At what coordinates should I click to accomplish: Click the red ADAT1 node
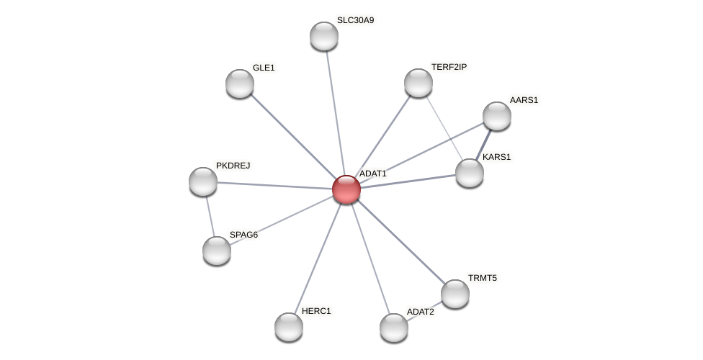tap(346, 189)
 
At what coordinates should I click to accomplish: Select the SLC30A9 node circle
tap(324, 36)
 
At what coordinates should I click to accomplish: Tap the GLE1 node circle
tap(240, 84)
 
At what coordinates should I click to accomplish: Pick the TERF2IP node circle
tap(418, 83)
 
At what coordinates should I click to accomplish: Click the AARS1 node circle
tap(497, 116)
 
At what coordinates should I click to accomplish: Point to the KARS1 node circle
tap(470, 173)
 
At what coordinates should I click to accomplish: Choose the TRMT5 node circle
tap(455, 294)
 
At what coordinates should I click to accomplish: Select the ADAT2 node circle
tap(394, 328)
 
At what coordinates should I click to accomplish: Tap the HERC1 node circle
tap(289, 327)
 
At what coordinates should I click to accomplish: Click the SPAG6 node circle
tap(217, 251)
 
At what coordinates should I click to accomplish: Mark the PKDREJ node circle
tap(203, 181)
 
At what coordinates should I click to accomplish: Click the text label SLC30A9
tap(355, 20)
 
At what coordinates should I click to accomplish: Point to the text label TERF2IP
tap(449, 67)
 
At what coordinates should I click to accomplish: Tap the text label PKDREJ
tap(233, 166)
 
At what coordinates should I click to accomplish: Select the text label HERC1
tap(316, 311)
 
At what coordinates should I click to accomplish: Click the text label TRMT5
tap(482, 278)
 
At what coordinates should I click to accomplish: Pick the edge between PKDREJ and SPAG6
tap(210, 216)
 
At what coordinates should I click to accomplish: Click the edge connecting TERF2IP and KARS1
tap(444, 127)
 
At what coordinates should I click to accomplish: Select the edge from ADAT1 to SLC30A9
tap(335, 112)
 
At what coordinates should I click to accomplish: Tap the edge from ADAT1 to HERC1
tap(318, 258)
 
